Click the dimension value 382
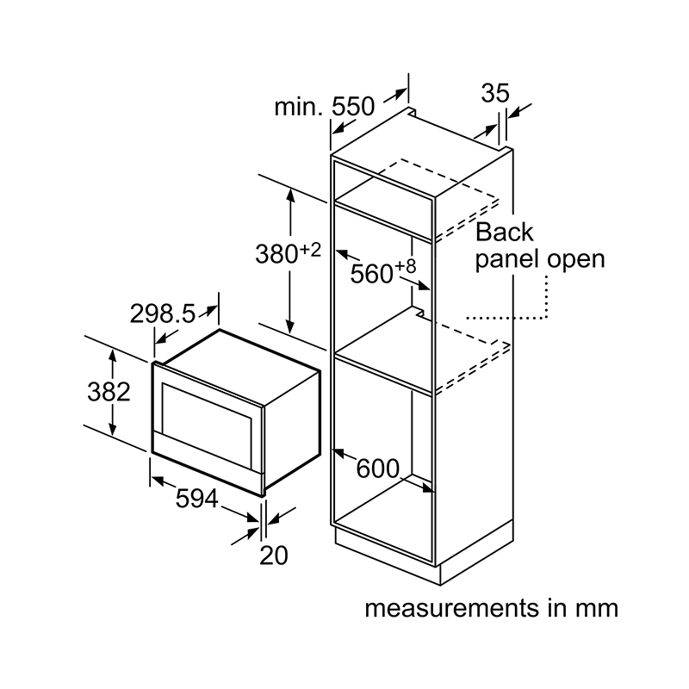tap(109, 392)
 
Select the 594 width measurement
tap(197, 499)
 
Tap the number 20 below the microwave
tap(274, 556)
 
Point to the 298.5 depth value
tap(163, 314)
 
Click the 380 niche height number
tap(276, 254)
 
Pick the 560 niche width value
tap(371, 274)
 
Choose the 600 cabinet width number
tap(378, 469)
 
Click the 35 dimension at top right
tap(495, 93)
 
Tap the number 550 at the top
tap(353, 106)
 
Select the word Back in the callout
tap(505, 232)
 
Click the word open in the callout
tap(576, 260)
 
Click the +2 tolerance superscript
tap(311, 250)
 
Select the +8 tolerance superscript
tap(406, 266)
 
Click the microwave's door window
tap(207, 410)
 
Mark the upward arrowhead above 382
tap(113, 354)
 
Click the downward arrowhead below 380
tap(290, 327)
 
